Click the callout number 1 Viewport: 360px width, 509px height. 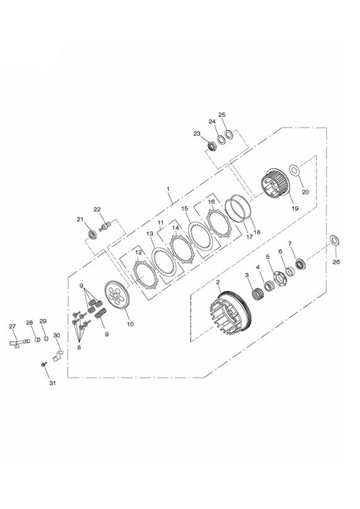point(168,188)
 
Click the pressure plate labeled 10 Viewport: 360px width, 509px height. point(117,296)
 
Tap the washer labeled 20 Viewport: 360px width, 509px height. point(294,170)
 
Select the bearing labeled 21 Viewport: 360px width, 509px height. point(92,233)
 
